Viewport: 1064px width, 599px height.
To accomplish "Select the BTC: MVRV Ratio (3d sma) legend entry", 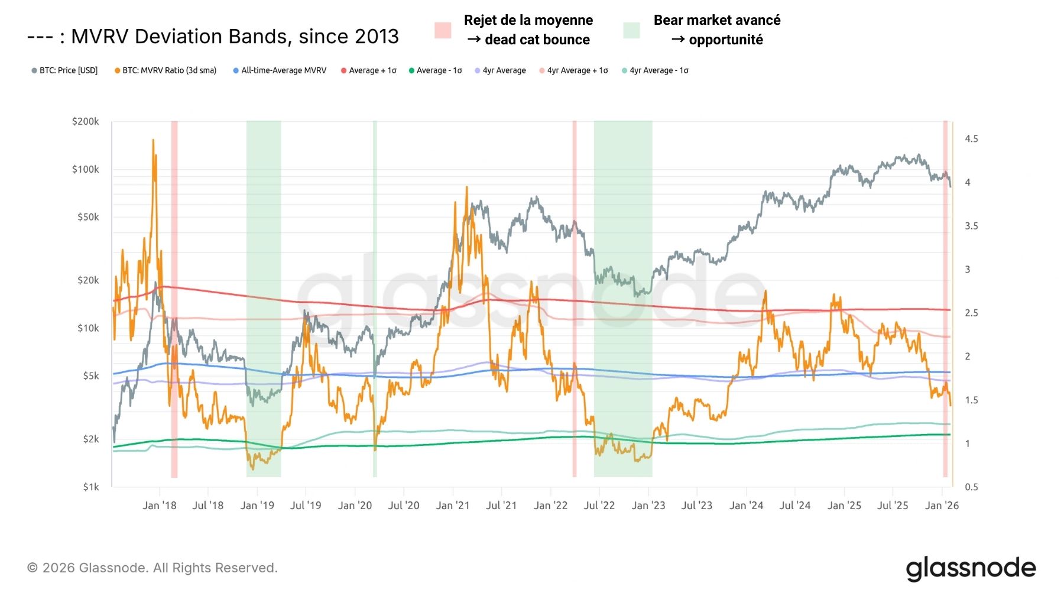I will click(x=169, y=70).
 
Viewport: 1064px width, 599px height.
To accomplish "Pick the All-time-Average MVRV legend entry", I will click(x=283, y=70).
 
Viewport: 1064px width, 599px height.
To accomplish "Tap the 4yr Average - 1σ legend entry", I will click(x=658, y=70).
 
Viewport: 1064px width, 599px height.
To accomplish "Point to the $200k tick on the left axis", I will click(x=85, y=121).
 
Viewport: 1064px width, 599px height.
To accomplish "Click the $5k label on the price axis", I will click(x=90, y=375).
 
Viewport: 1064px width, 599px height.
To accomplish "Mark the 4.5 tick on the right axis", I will click(x=971, y=139).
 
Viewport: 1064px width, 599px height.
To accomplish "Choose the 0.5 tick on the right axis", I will click(x=971, y=487).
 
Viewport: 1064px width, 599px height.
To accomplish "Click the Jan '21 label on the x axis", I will click(x=452, y=506).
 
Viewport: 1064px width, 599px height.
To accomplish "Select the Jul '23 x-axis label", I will click(x=697, y=506).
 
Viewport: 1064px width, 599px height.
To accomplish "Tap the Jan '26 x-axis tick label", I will click(x=942, y=506).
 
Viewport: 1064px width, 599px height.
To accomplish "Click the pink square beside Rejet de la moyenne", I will click(x=443, y=30).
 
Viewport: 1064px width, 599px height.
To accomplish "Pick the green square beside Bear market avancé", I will click(x=631, y=30).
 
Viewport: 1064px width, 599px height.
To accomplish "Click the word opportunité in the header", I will click(x=726, y=40).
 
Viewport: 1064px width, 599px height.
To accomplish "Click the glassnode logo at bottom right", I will click(x=971, y=568).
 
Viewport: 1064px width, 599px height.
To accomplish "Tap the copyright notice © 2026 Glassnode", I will click(x=152, y=568).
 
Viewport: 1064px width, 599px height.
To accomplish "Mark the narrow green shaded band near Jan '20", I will click(x=375, y=296).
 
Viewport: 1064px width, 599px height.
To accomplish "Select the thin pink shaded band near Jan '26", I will click(x=945, y=296).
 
